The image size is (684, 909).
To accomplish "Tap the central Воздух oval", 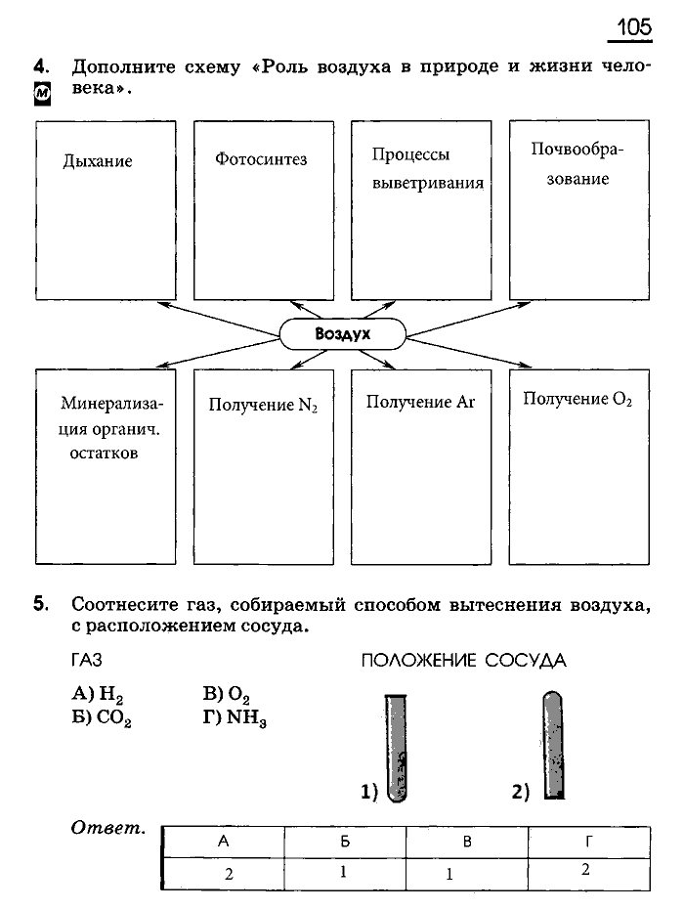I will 343,334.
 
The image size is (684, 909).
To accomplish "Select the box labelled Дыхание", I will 106,209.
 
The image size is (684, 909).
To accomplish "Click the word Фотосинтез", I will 261,158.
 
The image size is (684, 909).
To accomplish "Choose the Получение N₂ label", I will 263,404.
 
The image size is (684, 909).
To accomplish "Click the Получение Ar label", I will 420,402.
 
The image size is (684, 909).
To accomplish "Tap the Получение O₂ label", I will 577,399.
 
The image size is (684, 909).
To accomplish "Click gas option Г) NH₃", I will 235,718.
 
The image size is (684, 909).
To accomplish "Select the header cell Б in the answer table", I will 345,842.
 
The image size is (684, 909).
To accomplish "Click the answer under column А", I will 228,874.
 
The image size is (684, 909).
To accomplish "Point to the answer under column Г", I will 584,869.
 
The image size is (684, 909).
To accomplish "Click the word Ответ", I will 108,829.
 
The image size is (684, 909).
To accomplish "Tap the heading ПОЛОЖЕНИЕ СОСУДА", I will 464,661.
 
